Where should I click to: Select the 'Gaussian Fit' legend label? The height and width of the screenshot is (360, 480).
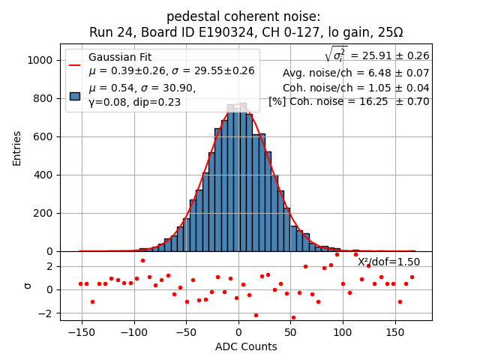[120, 58]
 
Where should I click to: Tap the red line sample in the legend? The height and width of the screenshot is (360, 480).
[75, 64]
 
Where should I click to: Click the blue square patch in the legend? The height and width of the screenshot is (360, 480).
[75, 96]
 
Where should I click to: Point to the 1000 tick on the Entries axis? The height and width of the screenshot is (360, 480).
[42, 60]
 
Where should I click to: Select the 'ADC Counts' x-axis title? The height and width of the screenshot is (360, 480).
[246, 346]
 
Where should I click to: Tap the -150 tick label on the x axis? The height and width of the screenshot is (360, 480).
[81, 332]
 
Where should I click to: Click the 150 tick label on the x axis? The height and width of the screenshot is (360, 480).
[395, 332]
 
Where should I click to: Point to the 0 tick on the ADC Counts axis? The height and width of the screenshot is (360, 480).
[238, 332]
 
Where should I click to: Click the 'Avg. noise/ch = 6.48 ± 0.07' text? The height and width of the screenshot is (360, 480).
[355, 73]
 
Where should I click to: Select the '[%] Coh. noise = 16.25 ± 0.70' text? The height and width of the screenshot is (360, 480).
[349, 102]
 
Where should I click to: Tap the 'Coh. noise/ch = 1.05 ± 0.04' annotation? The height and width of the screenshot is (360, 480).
[355, 88]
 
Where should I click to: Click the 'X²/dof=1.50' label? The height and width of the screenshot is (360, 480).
[388, 262]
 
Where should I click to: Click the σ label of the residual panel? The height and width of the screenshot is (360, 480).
[28, 286]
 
